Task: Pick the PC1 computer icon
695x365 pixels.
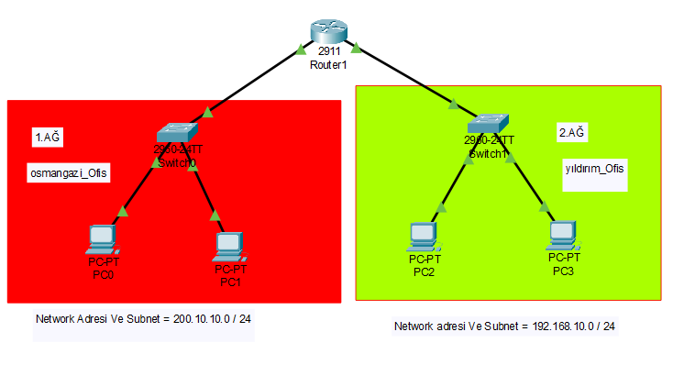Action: (229, 245)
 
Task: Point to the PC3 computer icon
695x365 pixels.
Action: (563, 235)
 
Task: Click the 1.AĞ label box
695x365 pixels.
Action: (48, 138)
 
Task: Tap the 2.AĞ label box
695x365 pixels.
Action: (572, 132)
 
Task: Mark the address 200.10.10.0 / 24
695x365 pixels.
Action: (212, 319)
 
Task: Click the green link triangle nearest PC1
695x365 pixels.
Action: (216, 216)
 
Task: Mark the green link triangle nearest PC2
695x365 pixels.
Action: (443, 207)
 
